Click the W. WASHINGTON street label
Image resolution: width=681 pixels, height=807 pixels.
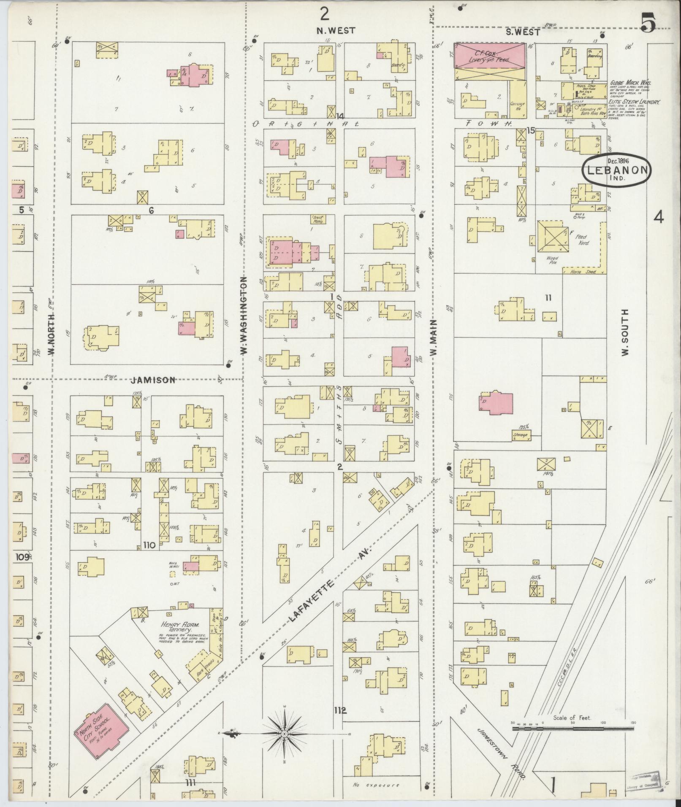point(244,315)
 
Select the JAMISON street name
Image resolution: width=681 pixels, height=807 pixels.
point(153,380)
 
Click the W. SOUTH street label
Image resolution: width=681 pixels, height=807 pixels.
point(625,332)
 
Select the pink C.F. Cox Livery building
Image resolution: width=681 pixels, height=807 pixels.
point(490,56)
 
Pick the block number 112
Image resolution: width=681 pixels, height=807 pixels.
point(340,710)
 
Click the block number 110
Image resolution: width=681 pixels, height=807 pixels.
point(150,545)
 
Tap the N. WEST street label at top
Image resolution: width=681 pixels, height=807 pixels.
point(336,31)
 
